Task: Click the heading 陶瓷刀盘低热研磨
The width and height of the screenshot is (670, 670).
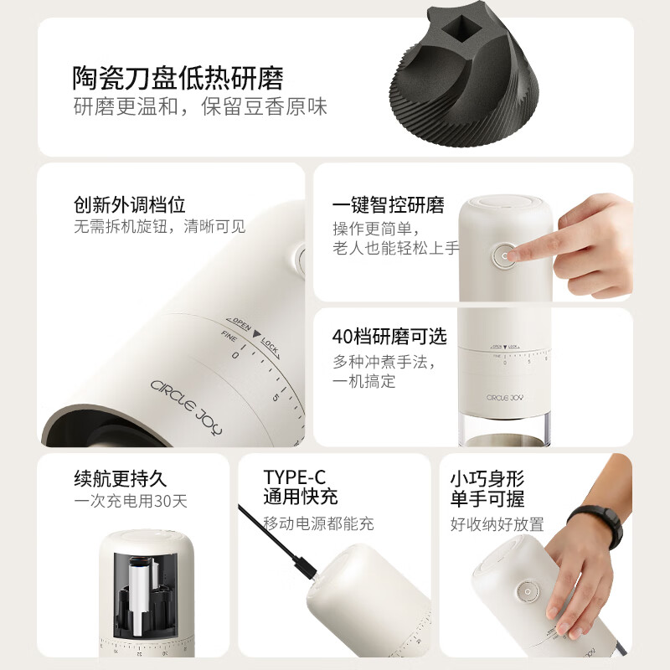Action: point(178,78)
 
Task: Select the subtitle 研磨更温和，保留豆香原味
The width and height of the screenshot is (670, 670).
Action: point(199,107)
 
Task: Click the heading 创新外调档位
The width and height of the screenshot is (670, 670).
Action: point(129,204)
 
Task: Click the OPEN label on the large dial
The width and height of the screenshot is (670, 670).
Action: point(239,323)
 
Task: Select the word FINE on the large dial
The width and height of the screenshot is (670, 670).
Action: point(229,337)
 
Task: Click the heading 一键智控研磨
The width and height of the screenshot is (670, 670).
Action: point(388,205)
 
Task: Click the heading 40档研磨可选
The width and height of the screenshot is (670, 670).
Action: point(389,337)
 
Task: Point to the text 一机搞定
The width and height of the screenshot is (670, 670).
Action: point(363,381)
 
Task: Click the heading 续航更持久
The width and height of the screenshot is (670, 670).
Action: point(121,479)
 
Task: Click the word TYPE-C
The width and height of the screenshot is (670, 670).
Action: point(294,477)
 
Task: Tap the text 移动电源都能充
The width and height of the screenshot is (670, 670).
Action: point(318,524)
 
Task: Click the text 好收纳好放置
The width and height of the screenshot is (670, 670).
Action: point(497,524)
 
